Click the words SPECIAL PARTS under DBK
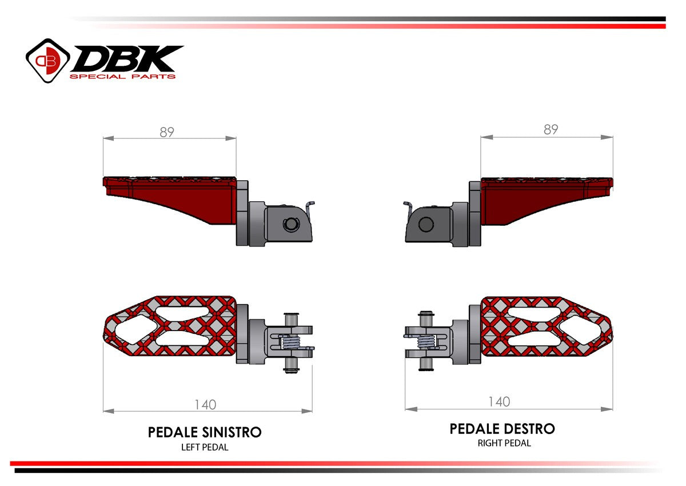coord(122,76)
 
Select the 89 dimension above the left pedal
coord(167,132)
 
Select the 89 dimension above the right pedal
coord(550,130)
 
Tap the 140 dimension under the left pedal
coord(205,404)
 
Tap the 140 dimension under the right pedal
coord(498,402)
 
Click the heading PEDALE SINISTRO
coord(205,432)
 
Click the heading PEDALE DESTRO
coord(502,428)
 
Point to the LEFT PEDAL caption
coord(205,447)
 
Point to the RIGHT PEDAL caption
coord(504,443)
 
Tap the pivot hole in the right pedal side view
coord(425,224)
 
